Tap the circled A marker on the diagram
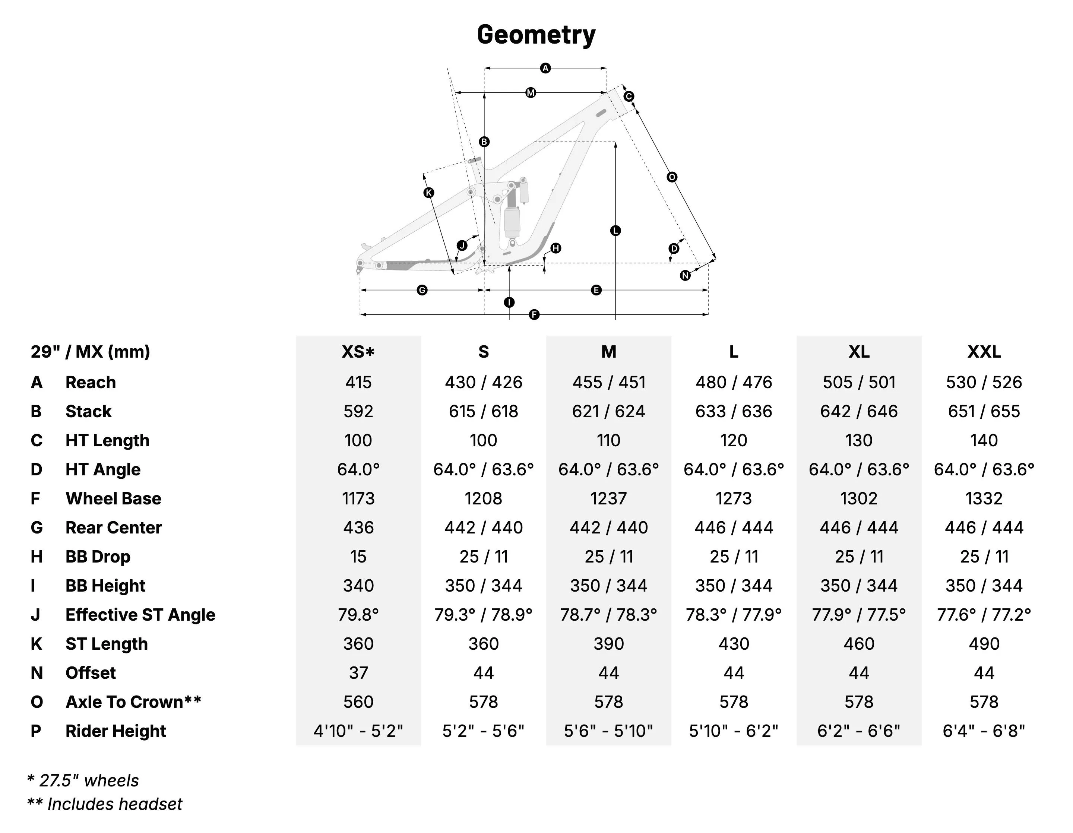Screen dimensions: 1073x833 click(x=545, y=68)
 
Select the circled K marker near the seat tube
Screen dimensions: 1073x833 click(x=429, y=193)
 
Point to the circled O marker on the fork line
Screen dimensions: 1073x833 click(x=672, y=177)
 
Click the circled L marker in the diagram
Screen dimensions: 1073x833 click(x=615, y=230)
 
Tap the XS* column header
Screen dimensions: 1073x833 click(x=358, y=352)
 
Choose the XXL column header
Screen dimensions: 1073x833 click(x=984, y=352)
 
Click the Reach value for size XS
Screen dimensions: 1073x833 click(x=358, y=382)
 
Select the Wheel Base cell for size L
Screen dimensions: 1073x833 click(x=734, y=498)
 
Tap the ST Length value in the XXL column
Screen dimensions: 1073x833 click(x=984, y=644)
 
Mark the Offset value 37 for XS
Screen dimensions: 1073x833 click(x=358, y=673)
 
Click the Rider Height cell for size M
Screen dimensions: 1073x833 click(x=608, y=731)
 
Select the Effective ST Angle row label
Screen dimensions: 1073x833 click(x=140, y=615)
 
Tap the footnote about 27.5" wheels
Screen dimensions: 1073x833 click(x=83, y=780)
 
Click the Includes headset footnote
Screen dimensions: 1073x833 click(x=105, y=804)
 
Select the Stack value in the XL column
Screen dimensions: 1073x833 click(x=859, y=411)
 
